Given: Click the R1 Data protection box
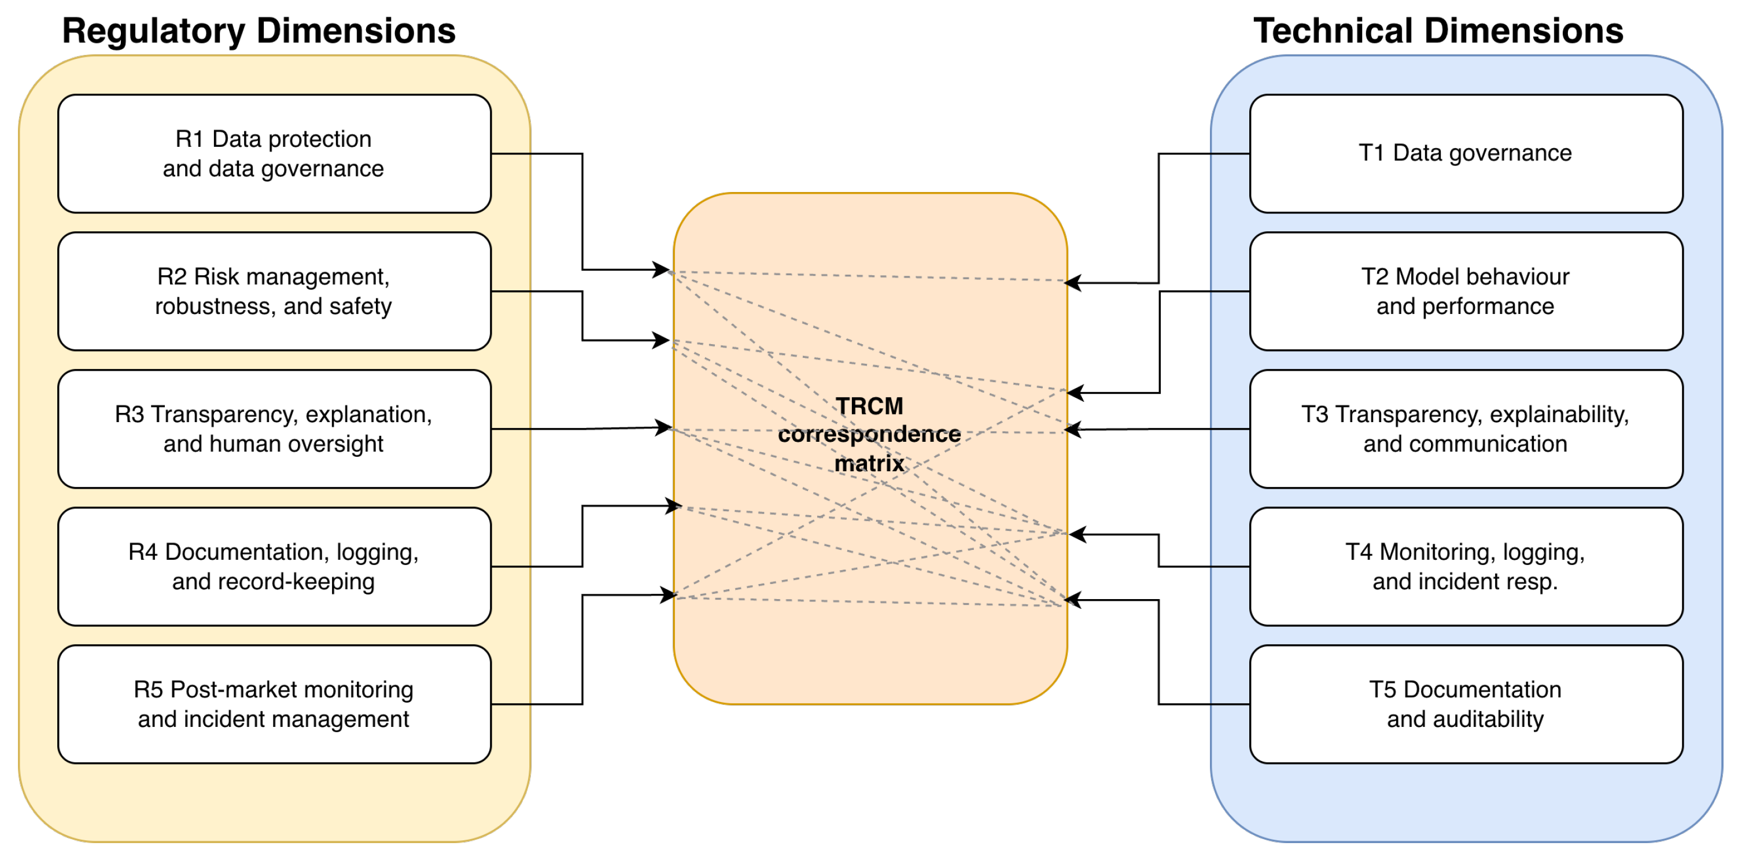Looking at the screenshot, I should [x=274, y=154].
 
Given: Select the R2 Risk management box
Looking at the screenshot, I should [x=274, y=291].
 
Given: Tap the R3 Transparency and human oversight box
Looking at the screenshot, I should [x=274, y=429].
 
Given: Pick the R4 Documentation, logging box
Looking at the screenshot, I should [x=274, y=567].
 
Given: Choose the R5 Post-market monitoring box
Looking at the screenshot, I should [x=274, y=704].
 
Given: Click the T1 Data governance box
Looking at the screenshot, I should [x=1466, y=154].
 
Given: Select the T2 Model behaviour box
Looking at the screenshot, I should [x=1466, y=291].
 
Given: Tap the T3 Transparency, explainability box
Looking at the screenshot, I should [x=1466, y=429].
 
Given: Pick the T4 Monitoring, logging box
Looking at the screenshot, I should [x=1466, y=567].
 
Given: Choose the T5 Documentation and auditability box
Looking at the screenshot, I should [x=1466, y=704].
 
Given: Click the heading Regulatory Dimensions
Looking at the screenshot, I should [x=259, y=31].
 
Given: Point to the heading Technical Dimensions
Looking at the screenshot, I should [x=1438, y=31].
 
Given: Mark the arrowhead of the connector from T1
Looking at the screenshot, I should [x=1071, y=283].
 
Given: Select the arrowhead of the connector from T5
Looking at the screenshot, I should [x=1073, y=600].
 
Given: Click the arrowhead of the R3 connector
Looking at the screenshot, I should [x=665, y=428].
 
